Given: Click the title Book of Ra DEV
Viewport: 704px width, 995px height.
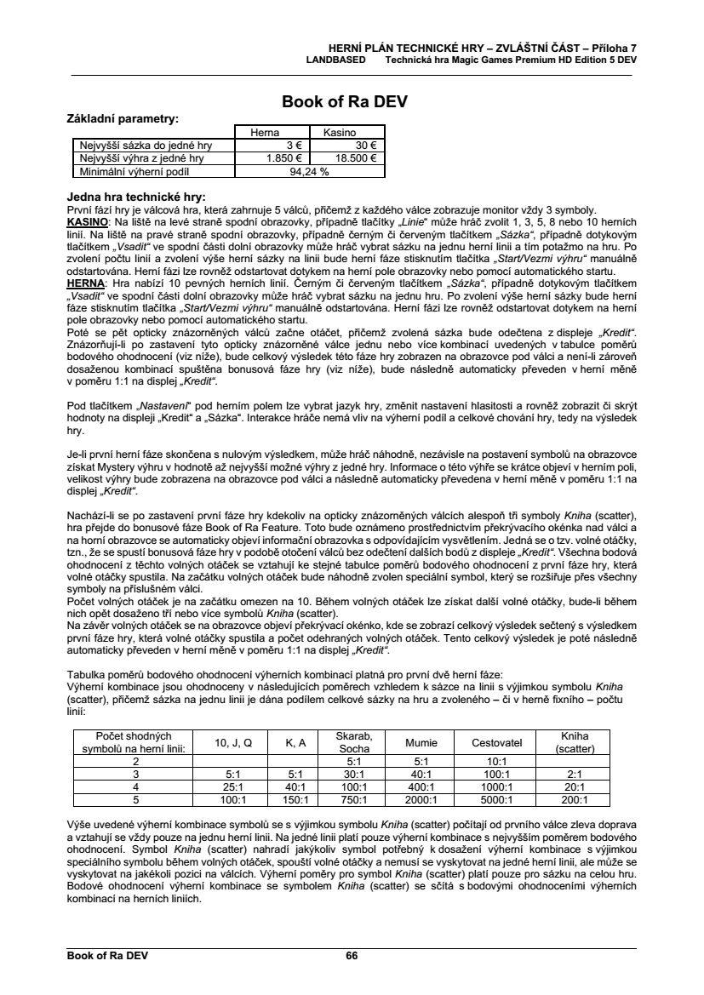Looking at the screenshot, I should coord(345,102).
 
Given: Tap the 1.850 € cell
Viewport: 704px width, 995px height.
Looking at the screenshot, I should coord(285,157).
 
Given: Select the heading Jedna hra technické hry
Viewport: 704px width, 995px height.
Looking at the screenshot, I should coord(136,197).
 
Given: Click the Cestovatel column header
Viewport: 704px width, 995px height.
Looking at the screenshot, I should coord(496,742).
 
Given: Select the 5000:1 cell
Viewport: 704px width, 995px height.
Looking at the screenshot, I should coord(496,800).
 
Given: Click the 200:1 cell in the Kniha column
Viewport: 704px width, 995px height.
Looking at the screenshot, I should coord(575,800).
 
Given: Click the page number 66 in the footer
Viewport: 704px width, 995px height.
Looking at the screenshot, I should coord(352,956).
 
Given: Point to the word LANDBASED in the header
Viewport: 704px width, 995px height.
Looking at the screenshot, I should coord(336,60).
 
